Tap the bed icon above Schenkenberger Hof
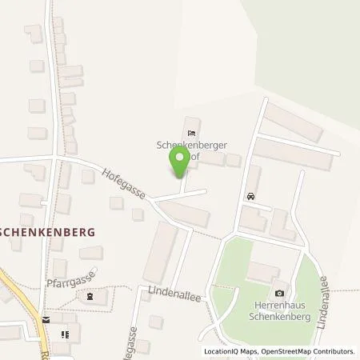pyautogui.click(x=190, y=133)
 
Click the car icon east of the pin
pyautogui.click(x=251, y=196)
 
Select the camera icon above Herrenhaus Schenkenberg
pyautogui.click(x=278, y=294)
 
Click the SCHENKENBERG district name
pyautogui.click(x=47, y=230)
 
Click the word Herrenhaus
pyautogui.click(x=279, y=306)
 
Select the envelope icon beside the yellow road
pyautogui.click(x=46, y=318)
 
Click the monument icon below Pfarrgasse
pyautogui.click(x=90, y=297)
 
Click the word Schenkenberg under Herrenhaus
pyautogui.click(x=279, y=316)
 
